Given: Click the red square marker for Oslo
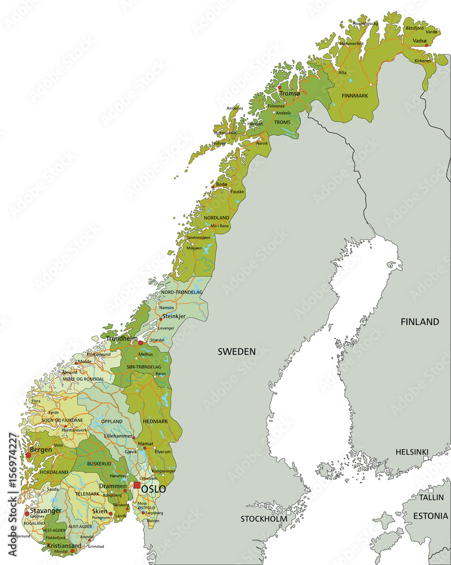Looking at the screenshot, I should pos(137,485).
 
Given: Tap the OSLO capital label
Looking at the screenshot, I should pos(154,489).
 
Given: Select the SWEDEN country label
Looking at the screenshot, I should pos(237,351).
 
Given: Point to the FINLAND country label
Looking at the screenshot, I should pos(419,322).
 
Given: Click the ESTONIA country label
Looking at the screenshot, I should pos(430,516).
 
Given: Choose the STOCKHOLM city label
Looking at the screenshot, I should pos(263,519).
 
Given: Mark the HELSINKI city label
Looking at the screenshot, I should pos(411,452).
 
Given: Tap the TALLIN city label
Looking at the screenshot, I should pos(431,497).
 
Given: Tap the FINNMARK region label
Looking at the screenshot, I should pos(354,96).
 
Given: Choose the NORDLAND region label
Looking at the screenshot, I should pos(216,218).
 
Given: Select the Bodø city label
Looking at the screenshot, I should pos(222,184).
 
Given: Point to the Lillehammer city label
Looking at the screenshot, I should pos(119,437).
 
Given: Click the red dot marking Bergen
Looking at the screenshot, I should pos(28,455).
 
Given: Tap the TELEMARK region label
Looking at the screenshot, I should pos(87,494).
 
